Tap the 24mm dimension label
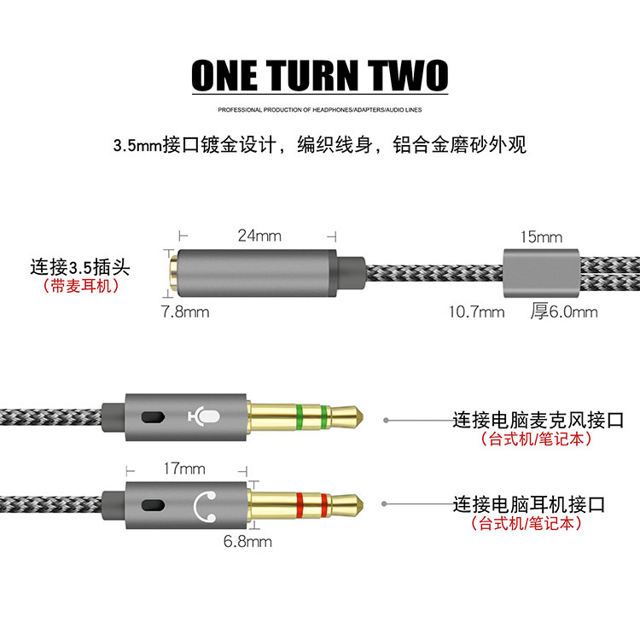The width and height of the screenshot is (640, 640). (x=259, y=236)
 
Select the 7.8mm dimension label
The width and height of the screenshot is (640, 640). (x=185, y=311)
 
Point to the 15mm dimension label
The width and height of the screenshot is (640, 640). (x=541, y=236)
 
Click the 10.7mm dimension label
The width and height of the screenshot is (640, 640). (x=476, y=311)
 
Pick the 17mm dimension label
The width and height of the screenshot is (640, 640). (x=184, y=468)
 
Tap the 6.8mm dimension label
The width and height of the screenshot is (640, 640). (x=247, y=541)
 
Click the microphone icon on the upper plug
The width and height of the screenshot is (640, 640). (x=205, y=416)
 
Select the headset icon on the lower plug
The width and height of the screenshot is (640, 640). (x=205, y=506)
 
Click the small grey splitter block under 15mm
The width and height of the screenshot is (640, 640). (x=541, y=272)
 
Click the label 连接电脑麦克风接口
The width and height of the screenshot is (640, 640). (x=537, y=420)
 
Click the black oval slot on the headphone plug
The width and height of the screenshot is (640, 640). (x=153, y=507)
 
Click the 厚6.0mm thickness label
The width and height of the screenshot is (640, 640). (x=564, y=311)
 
